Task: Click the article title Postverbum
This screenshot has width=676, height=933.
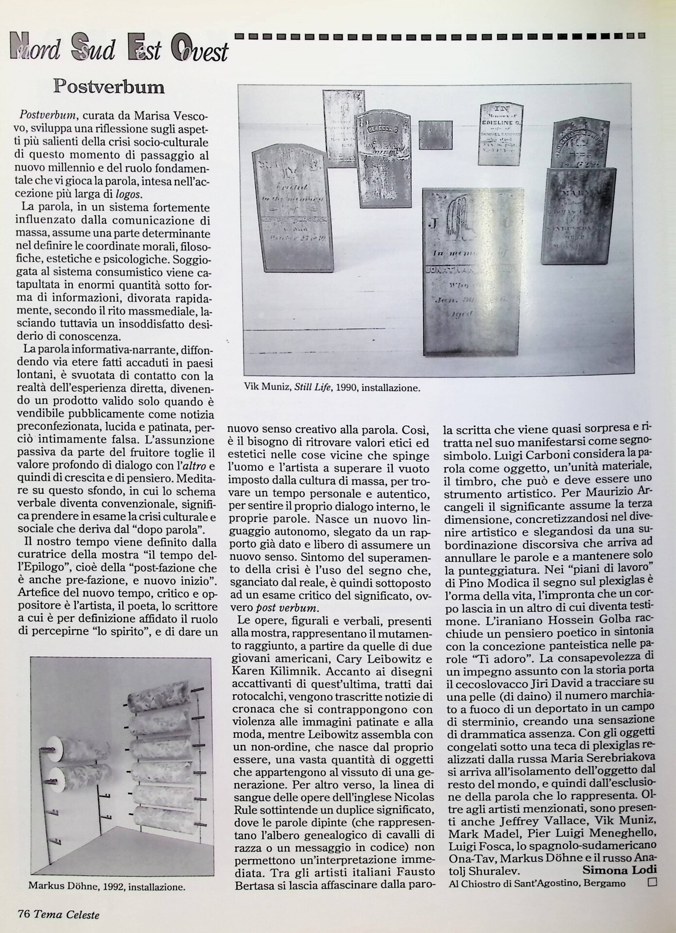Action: (x=109, y=87)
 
